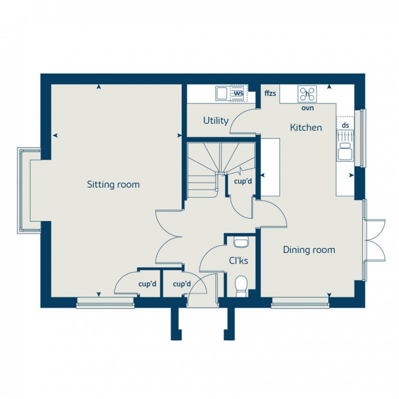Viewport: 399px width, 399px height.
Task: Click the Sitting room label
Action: [x=113, y=184]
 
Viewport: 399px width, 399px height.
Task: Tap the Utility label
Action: [x=216, y=121]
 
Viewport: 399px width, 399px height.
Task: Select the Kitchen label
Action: [x=306, y=127]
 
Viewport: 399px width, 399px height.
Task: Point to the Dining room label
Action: [x=309, y=250]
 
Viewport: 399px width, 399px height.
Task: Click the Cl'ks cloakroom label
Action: [x=240, y=261]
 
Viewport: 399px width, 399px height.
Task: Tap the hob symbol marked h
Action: [x=307, y=94]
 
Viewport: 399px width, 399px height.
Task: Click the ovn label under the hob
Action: [x=307, y=108]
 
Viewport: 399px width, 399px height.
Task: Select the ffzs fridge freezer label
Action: [x=270, y=94]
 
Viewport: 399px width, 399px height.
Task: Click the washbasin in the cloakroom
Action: [x=241, y=243]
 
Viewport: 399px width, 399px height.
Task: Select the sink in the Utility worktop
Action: [x=222, y=94]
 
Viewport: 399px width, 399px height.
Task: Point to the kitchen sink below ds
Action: [x=345, y=151]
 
